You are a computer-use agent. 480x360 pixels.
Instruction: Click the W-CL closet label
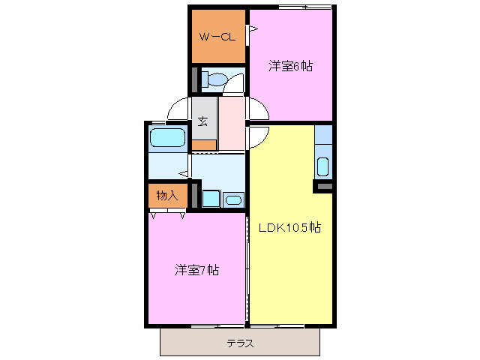217,37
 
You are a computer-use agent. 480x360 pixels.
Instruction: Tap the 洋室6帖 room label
291,66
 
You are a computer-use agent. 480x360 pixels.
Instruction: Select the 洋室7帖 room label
197,269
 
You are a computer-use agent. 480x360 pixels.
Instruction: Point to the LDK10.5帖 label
290,227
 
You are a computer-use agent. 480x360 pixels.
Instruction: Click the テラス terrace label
240,344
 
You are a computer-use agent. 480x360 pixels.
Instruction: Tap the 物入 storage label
166,196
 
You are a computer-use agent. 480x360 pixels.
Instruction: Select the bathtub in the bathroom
167,138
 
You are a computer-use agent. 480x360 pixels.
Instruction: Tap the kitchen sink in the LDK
323,166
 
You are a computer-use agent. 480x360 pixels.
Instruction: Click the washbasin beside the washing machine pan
233,199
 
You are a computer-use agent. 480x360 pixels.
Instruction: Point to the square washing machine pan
211,199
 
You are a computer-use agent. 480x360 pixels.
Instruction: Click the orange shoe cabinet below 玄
204,144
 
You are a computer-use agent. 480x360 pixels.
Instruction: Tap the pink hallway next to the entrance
232,124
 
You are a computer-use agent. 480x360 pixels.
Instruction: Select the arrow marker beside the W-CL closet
253,30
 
